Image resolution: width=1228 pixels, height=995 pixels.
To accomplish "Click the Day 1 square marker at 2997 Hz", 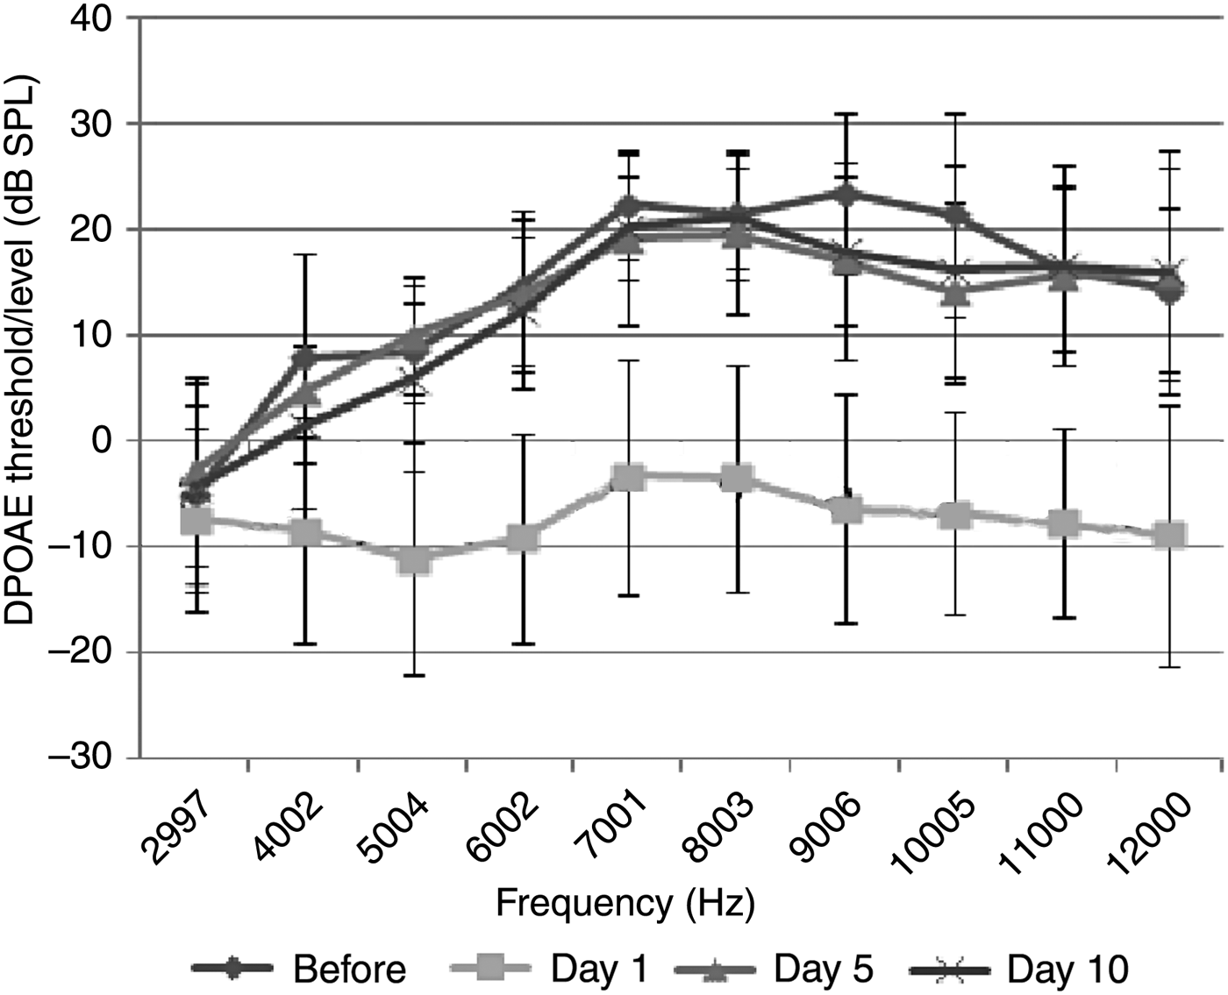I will point(195,521).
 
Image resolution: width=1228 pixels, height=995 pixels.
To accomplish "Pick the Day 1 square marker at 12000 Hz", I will point(1170,535).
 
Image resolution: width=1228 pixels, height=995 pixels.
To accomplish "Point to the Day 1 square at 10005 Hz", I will point(954,515).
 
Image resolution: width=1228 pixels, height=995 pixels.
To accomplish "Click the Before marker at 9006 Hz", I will point(846,194).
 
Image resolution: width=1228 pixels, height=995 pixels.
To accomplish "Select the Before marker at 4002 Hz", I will point(304,358).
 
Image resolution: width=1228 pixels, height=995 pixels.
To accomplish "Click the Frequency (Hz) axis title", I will point(625,903).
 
